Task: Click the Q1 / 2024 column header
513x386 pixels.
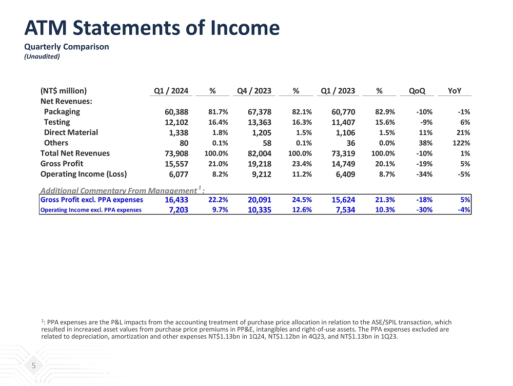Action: point(171,91)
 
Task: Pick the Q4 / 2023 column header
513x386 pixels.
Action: point(254,91)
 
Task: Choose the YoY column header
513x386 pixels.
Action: point(454,91)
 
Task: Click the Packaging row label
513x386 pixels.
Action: point(62,111)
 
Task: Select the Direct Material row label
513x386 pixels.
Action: point(71,132)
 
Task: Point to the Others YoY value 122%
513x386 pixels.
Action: point(461,143)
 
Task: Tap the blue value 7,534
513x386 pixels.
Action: point(343,210)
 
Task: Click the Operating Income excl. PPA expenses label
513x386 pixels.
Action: point(91,210)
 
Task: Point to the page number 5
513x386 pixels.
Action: point(33,366)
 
